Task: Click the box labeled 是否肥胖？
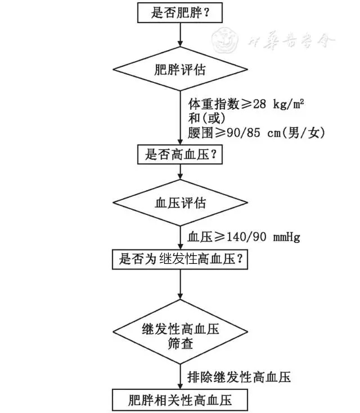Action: (x=179, y=12)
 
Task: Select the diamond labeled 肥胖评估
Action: (x=179, y=70)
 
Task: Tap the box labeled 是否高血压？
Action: (x=179, y=154)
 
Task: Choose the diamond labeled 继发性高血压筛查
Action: (x=179, y=335)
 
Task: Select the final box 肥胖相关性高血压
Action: (x=179, y=400)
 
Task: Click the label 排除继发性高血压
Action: (x=238, y=376)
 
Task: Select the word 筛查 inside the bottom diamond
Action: (x=179, y=343)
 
